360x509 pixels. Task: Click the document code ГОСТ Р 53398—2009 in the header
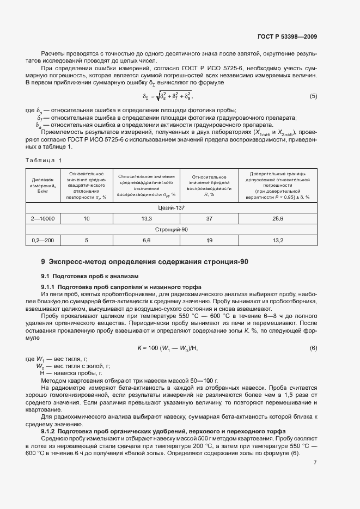point(286,37)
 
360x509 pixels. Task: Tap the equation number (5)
point(313,96)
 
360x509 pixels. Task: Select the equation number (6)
point(313,348)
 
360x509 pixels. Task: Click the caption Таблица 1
point(44,160)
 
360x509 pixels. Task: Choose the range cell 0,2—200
point(44,240)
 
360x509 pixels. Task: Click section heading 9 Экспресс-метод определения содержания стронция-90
point(145,262)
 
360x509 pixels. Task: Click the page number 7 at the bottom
point(315,463)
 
